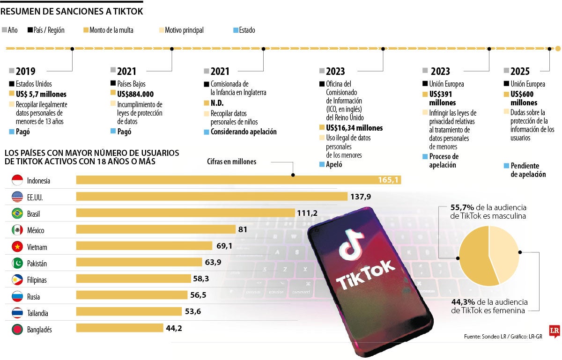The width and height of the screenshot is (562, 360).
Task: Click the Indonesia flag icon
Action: pos(17,180)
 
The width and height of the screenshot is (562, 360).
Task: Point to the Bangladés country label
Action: pos(39,330)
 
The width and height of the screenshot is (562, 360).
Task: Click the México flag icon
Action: pos(17,230)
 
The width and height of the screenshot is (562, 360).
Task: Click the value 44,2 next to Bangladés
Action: pos(174,328)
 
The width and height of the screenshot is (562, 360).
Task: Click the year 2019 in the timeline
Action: pos(25,71)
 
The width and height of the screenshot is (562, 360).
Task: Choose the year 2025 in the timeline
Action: pos(520,71)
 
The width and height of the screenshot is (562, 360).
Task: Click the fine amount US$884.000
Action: pos(135,94)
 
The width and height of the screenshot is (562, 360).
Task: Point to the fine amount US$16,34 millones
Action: pos(354,128)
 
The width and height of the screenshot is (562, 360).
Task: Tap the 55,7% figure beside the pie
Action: pos(461,207)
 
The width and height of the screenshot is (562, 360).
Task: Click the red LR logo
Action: pos(555,331)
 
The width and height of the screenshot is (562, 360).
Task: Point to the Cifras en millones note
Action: pos(231,162)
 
